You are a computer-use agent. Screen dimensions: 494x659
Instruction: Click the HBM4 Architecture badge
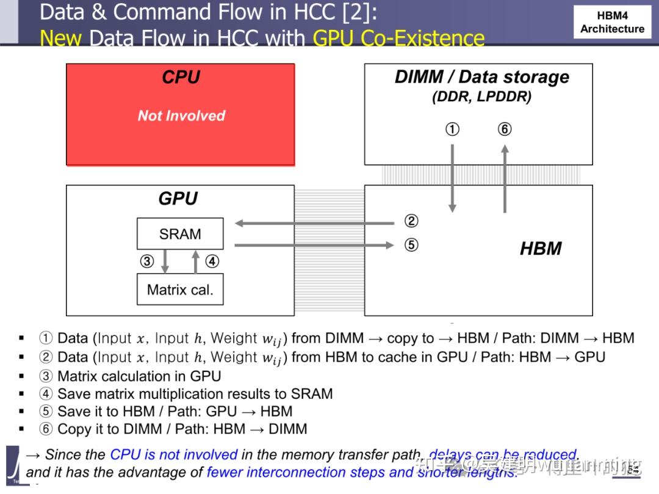pyautogui.click(x=612, y=22)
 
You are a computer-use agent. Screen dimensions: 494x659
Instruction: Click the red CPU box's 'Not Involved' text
pyautogui.click(x=181, y=116)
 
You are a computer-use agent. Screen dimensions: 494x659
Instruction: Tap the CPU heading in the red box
pyautogui.click(x=181, y=77)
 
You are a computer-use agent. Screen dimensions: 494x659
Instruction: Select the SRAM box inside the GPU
pyautogui.click(x=180, y=234)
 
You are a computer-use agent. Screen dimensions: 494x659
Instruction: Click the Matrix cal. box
pyautogui.click(x=180, y=289)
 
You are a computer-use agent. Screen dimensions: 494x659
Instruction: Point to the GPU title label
pyautogui.click(x=178, y=199)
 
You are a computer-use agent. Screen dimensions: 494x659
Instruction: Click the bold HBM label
pyautogui.click(x=541, y=248)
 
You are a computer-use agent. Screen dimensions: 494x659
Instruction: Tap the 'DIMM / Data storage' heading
pyautogui.click(x=481, y=77)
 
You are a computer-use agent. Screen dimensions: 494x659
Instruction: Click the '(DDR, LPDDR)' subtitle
pyautogui.click(x=481, y=97)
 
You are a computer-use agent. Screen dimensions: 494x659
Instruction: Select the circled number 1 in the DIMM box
pyautogui.click(x=452, y=129)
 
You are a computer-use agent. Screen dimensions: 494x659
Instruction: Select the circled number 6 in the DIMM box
pyautogui.click(x=505, y=129)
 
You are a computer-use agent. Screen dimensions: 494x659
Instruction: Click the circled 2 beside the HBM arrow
pyautogui.click(x=411, y=221)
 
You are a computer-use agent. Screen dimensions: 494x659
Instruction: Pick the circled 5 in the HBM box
pyautogui.click(x=411, y=245)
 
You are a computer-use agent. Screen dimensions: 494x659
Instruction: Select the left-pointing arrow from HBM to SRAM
pyautogui.click(x=314, y=223)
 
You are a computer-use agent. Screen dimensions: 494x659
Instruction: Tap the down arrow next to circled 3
pyautogui.click(x=164, y=262)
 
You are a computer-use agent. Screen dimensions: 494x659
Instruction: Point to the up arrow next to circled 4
pyautogui.click(x=195, y=262)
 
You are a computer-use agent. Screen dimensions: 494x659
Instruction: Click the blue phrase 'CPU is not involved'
pyautogui.click(x=174, y=455)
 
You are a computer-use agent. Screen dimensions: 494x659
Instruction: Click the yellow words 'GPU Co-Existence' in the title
pyautogui.click(x=398, y=38)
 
